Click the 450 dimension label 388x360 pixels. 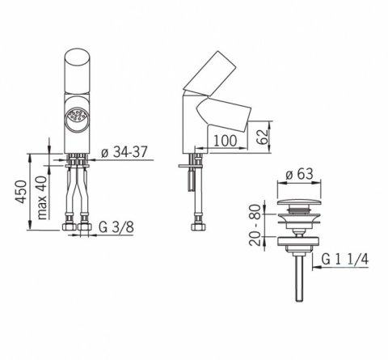tap(22, 192)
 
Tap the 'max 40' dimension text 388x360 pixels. tap(42, 197)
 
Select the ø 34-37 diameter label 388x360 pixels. tap(124, 152)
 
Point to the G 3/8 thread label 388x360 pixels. tap(116, 227)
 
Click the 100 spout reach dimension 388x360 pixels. tap(226, 141)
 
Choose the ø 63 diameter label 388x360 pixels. tap(299, 174)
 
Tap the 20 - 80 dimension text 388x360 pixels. tap(255, 225)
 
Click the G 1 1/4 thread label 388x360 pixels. tap(345, 260)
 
